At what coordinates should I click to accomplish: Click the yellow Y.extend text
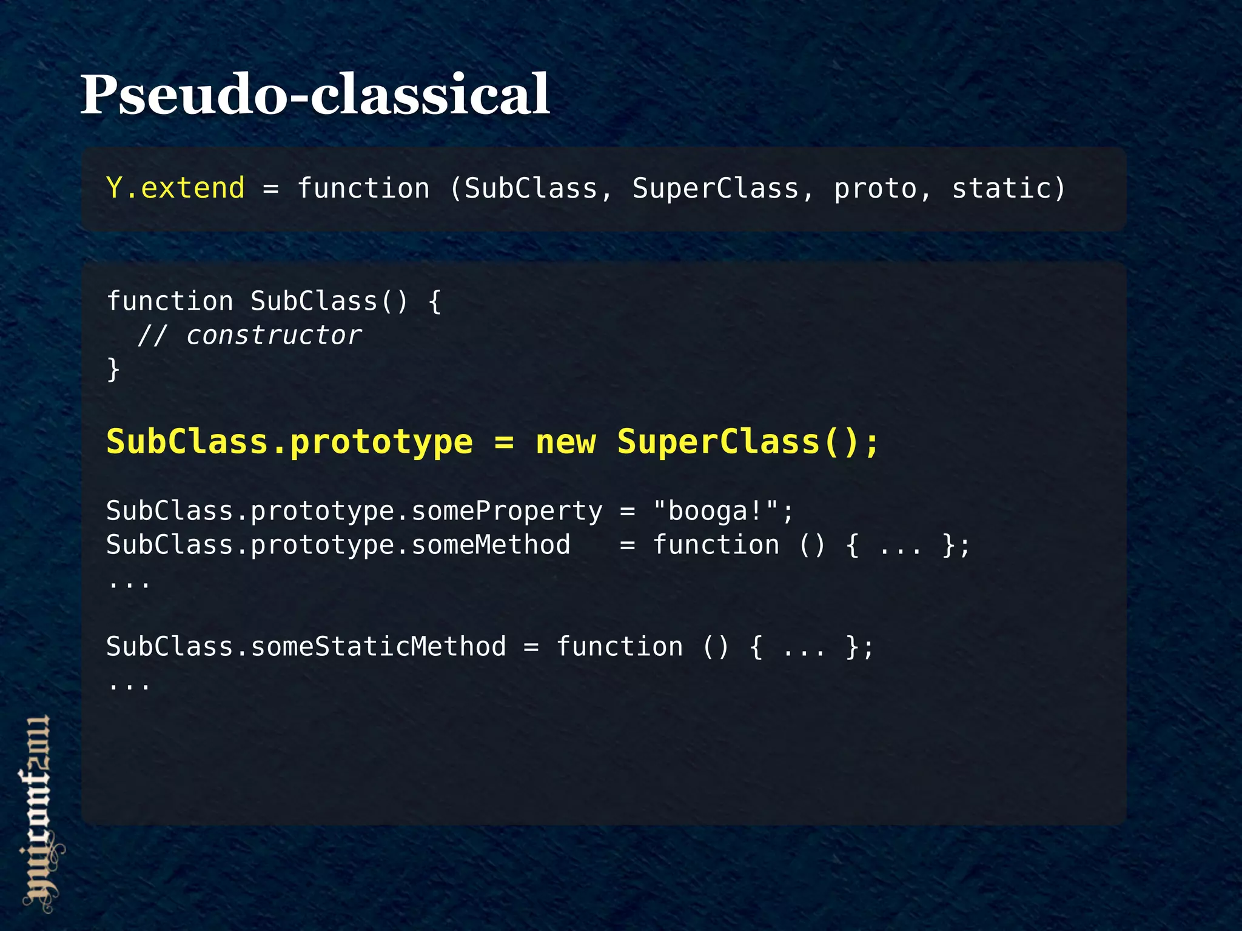click(175, 188)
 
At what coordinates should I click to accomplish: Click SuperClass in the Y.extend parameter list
click(716, 188)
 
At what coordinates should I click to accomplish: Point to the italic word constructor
click(274, 335)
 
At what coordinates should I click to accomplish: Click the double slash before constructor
click(152, 335)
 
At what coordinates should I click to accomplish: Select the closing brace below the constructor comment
click(113, 369)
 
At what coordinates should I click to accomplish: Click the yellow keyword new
click(566, 442)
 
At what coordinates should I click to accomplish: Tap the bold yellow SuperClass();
click(748, 442)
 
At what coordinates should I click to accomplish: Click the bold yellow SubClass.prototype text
click(289, 442)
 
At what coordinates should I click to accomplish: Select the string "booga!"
click(716, 511)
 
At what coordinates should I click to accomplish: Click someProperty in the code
click(507, 511)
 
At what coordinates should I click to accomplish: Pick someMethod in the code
click(491, 545)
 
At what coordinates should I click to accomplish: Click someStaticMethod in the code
click(378, 647)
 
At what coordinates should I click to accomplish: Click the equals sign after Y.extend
click(271, 189)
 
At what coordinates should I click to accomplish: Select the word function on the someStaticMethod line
click(619, 647)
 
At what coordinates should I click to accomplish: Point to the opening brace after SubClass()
click(434, 301)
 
